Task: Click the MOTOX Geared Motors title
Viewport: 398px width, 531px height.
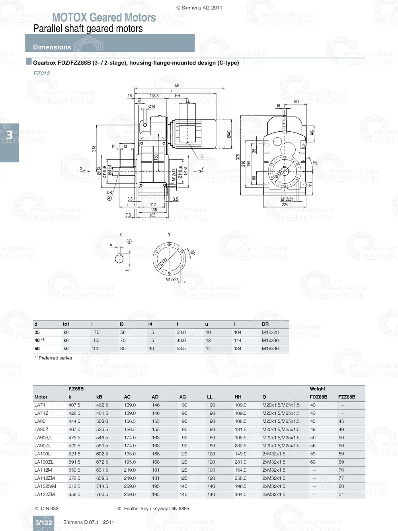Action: pyautogui.click(x=104, y=18)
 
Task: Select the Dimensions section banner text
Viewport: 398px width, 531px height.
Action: pyautogui.click(x=52, y=47)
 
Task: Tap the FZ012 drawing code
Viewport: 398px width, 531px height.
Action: pyautogui.click(x=41, y=73)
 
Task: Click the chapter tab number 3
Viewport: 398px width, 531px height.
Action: pyautogui.click(x=9, y=135)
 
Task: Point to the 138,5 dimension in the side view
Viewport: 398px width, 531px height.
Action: pyautogui.click(x=154, y=96)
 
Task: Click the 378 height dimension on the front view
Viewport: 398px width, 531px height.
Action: pyautogui.click(x=238, y=157)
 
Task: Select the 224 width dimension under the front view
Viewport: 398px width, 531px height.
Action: pyautogui.click(x=285, y=205)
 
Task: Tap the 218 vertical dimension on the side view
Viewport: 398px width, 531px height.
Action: pyautogui.click(x=94, y=148)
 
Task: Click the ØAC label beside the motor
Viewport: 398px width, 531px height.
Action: pyautogui.click(x=229, y=134)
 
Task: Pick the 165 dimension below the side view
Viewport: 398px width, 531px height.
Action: pyautogui.click(x=152, y=215)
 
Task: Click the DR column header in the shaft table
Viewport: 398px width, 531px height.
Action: pyautogui.click(x=265, y=324)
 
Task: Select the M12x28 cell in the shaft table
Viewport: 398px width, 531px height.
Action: pyautogui.click(x=270, y=332)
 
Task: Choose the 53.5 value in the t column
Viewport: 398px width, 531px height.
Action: pyautogui.click(x=181, y=349)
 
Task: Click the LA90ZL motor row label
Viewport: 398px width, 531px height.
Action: pyautogui.click(x=43, y=446)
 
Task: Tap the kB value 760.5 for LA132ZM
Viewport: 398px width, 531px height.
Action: pyautogui.click(x=102, y=494)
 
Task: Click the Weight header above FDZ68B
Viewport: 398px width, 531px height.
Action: pyautogui.click(x=317, y=389)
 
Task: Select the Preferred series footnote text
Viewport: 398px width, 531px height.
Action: pyautogui.click(x=55, y=358)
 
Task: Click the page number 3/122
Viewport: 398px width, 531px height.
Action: pyautogui.click(x=43, y=523)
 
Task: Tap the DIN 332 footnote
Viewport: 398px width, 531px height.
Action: pyautogui.click(x=49, y=509)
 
